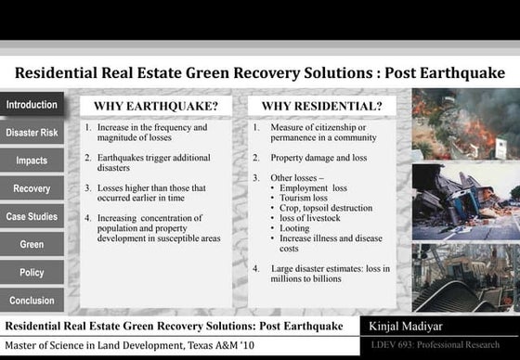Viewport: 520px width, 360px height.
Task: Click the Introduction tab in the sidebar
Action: (x=32, y=105)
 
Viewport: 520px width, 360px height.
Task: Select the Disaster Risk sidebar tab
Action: (x=32, y=133)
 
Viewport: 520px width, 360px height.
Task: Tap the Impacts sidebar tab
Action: (x=32, y=161)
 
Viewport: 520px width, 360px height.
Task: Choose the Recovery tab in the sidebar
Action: (x=32, y=188)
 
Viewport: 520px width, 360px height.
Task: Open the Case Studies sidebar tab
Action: (x=32, y=216)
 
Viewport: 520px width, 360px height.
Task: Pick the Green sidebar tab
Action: (x=32, y=244)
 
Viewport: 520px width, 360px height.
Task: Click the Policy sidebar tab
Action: (x=32, y=273)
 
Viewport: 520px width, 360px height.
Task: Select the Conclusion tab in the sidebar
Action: (x=32, y=301)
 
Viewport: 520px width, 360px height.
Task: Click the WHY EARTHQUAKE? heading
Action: (x=156, y=106)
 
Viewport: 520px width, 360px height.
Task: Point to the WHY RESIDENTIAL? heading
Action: (x=321, y=106)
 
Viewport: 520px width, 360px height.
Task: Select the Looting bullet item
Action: (x=296, y=227)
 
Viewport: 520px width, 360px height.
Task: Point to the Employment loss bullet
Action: (x=313, y=187)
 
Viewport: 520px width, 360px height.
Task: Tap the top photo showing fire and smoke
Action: (x=465, y=124)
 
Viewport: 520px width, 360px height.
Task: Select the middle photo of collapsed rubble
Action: (x=465, y=197)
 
